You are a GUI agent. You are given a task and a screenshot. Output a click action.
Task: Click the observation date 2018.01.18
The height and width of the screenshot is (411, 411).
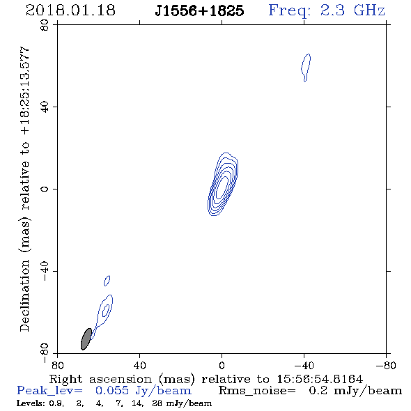click(x=70, y=10)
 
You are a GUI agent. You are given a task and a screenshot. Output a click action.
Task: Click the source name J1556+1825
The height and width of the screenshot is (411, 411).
click(x=199, y=10)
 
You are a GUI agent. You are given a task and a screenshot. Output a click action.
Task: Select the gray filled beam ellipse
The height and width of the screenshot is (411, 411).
click(x=86, y=339)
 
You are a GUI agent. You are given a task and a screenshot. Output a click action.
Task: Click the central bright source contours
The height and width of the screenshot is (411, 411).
click(x=223, y=184)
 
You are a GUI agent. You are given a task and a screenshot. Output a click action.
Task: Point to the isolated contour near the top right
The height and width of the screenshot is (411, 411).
click(x=306, y=68)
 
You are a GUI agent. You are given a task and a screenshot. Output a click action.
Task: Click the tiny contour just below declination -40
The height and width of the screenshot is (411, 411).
click(x=107, y=281)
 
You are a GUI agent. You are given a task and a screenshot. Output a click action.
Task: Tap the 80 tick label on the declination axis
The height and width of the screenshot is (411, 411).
click(x=45, y=25)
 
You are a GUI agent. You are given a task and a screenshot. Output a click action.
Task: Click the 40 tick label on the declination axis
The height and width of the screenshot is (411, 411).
click(x=45, y=107)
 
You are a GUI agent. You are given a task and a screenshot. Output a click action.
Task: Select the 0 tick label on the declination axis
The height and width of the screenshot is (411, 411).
click(x=45, y=189)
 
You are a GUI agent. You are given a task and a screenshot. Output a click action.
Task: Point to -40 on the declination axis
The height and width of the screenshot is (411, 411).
click(x=45, y=271)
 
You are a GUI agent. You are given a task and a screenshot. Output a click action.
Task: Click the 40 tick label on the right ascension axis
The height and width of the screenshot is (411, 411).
click(x=139, y=366)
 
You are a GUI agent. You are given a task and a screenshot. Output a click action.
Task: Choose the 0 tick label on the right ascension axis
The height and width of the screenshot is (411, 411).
click(x=222, y=366)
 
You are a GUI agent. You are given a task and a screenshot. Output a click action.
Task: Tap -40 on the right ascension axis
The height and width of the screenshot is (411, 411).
click(x=304, y=366)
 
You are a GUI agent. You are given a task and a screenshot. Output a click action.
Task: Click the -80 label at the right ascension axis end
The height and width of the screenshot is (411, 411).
click(x=386, y=366)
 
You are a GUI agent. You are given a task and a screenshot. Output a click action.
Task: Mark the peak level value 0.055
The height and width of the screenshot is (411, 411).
click(x=112, y=391)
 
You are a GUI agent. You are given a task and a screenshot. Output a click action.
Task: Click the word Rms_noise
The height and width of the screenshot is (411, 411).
click(x=257, y=391)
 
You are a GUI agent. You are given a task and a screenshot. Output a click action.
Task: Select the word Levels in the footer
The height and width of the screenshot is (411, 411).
click(x=29, y=403)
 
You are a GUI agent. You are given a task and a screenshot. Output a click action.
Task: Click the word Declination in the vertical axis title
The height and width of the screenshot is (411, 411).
click(x=24, y=295)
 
